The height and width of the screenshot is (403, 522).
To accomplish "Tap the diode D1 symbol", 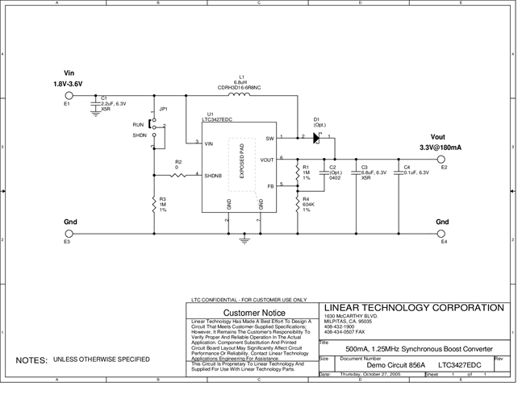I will tap(315, 138).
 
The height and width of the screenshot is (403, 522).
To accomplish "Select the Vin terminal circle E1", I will tap(68, 95).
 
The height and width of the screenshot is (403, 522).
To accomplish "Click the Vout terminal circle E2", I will tap(442, 158).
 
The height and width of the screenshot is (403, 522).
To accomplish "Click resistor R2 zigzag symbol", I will tap(178, 175).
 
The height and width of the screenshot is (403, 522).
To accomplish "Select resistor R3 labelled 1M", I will tap(153, 206).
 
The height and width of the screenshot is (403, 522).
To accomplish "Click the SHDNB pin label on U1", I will tap(213, 175).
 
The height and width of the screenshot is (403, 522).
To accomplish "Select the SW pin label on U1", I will tap(269, 138).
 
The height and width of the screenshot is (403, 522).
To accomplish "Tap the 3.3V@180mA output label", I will tap(441, 147).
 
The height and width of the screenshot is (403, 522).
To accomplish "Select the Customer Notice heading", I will tap(253, 312).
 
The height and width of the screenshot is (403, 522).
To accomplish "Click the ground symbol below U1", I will tap(245, 239).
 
